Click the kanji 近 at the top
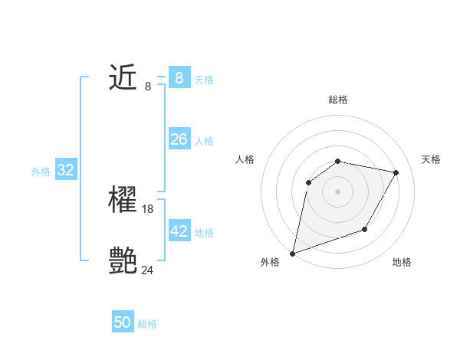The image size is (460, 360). coord(123,77)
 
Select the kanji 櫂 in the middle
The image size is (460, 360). coord(123,200)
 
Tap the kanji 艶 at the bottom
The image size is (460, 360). coord(123,261)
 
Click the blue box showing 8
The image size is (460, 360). coord(179,77)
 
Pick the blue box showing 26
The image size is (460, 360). coord(179,139)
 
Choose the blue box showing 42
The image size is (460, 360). coord(179,231)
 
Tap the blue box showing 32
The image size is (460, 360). coord(66,170)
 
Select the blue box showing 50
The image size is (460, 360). coord(123,322)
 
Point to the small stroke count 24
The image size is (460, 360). coord(147,270)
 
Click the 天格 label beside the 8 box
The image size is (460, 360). coord(204,79)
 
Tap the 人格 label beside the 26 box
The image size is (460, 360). coord(204,141)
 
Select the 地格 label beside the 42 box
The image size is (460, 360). coord(204,232)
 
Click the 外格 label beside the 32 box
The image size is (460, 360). coord(41,172)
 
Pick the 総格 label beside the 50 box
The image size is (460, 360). coord(147,324)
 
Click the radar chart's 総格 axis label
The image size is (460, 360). coord(337,100)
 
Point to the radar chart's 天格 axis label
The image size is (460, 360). coord(432,159)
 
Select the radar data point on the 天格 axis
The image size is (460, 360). coord(396,173)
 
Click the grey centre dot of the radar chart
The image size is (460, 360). coord(337,191)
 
